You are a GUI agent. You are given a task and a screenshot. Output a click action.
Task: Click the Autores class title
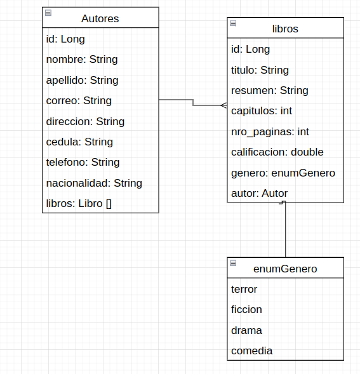[100, 18]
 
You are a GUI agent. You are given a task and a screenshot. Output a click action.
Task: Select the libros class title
[285, 29]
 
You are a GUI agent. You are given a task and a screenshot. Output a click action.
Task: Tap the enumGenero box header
[285, 269]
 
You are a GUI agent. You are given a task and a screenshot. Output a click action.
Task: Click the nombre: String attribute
[82, 60]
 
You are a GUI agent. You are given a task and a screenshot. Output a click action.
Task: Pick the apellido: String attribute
[83, 80]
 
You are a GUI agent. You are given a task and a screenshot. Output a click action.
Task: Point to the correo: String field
[79, 100]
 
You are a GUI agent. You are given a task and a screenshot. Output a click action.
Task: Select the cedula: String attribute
[79, 142]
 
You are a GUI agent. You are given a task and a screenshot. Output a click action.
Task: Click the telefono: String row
[83, 162]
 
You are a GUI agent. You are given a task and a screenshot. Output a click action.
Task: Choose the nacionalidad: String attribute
[94, 183]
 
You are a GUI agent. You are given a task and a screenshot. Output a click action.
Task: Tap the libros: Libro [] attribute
[79, 203]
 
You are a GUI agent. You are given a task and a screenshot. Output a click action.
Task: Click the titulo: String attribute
[260, 70]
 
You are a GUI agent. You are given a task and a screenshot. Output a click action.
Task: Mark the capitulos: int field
[262, 110]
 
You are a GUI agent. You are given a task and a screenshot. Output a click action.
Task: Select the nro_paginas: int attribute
[270, 131]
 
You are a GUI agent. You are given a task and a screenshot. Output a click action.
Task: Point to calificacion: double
[277, 152]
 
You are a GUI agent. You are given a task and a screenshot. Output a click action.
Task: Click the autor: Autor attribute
[259, 193]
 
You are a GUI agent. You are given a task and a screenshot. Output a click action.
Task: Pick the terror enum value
[244, 289]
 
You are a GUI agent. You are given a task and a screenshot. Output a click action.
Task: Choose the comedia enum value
[252, 351]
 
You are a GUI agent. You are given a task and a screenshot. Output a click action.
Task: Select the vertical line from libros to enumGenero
[286, 232]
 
